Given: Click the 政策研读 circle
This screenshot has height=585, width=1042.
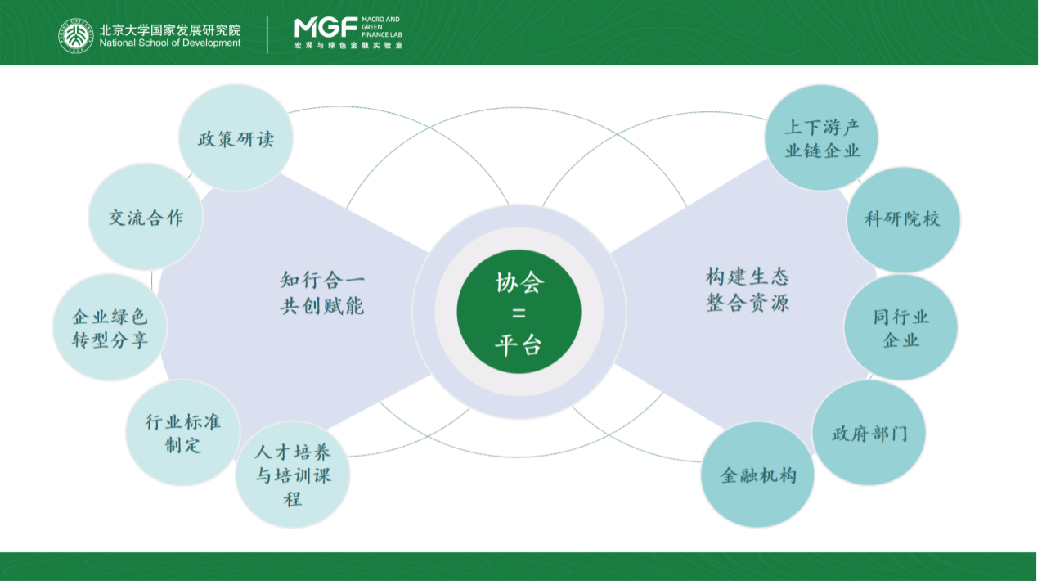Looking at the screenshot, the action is click(x=236, y=137).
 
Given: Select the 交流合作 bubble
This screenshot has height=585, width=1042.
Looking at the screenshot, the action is click(x=146, y=216).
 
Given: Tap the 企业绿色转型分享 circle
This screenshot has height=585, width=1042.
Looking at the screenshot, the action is click(x=110, y=327).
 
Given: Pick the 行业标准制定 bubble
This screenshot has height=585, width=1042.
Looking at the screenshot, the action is click(x=183, y=433).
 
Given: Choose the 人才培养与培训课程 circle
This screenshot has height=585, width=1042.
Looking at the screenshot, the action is click(x=293, y=475).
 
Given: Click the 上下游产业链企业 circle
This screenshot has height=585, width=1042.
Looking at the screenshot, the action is click(x=821, y=137).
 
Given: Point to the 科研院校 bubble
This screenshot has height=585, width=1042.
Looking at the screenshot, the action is click(x=904, y=219).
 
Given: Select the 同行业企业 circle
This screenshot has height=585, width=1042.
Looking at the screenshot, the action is click(x=901, y=327).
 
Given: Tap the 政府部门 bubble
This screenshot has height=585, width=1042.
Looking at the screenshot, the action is click(x=869, y=433).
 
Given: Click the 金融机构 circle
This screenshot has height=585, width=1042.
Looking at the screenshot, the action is click(x=757, y=475).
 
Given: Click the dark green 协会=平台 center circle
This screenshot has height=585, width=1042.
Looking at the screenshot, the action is click(x=519, y=312).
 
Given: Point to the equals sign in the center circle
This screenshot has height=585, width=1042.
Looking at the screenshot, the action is click(x=519, y=313).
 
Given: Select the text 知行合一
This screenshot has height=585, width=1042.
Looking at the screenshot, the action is click(x=322, y=280).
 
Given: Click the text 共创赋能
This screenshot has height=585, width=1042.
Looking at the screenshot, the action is click(x=322, y=306).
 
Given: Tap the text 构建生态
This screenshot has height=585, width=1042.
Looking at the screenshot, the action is click(x=748, y=277).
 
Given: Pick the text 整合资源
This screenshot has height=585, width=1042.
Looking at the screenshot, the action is click(x=748, y=303).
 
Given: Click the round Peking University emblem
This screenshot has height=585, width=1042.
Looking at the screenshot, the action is click(x=76, y=36).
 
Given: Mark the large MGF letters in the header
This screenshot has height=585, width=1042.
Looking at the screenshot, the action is click(x=326, y=28).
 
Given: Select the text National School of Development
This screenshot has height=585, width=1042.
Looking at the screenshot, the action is click(x=170, y=43).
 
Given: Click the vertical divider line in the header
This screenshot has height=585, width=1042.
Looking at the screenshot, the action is click(x=267, y=35).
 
